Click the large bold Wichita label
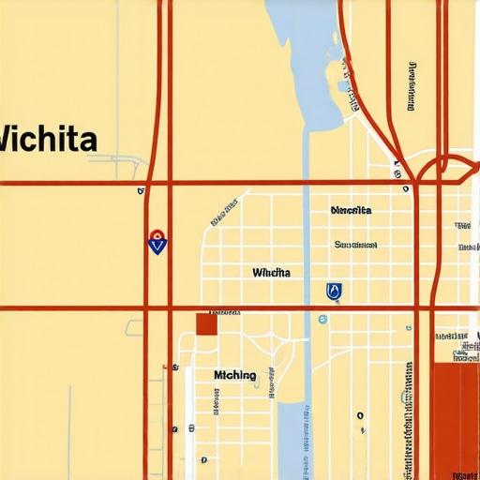pos(47,140)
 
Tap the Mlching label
pos(234,375)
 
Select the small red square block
pos(206,324)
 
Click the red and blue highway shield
pos(157,243)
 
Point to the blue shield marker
pos(334,292)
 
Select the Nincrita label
pos(352,210)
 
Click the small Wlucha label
pos(272,273)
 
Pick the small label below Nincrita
pos(355,245)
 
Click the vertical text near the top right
pos(412,87)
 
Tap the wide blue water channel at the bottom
pos(292,441)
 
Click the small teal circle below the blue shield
pos(322,320)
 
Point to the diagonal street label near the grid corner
pos(223,215)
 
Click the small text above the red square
pos(224,312)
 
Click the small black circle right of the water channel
pos(359,415)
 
